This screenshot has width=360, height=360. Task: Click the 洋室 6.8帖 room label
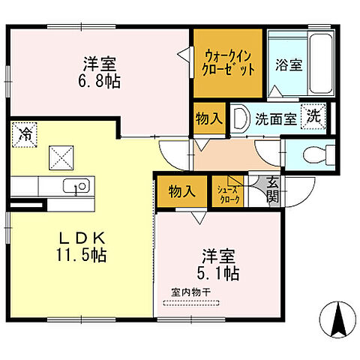(99, 71)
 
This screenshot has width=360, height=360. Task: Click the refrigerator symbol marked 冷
(25, 135)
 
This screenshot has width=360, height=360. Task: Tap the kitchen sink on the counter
(75, 185)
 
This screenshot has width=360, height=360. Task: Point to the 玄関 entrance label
(271, 190)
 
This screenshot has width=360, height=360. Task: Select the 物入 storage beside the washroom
(208, 118)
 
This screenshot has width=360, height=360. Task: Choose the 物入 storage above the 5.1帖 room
(181, 191)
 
